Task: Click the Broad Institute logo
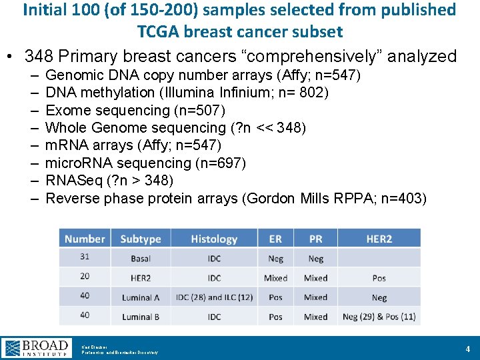[x=37, y=347]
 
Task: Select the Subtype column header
[x=141, y=239]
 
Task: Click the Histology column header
[x=214, y=239]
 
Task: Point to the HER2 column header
[x=379, y=239]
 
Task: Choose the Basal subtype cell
[x=141, y=258]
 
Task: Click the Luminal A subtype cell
[x=141, y=297]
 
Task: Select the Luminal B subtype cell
[x=141, y=317]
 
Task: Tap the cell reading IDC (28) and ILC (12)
[x=214, y=297]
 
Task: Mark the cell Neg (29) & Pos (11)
[x=379, y=317]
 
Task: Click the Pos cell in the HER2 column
[x=379, y=278]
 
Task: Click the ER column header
[x=275, y=239]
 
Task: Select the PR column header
[x=316, y=239]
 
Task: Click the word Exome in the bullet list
[x=65, y=110]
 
